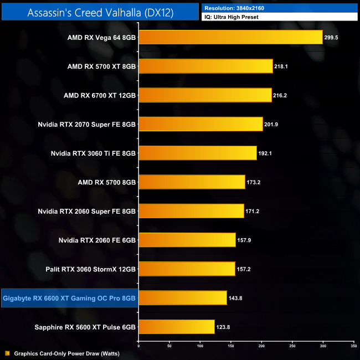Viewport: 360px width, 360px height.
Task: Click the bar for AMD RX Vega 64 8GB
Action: (230, 37)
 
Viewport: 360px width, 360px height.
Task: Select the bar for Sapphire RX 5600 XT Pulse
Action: (176, 327)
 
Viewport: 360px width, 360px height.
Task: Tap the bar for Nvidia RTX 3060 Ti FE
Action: (197, 153)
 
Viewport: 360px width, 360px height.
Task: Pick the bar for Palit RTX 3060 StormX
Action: (187, 269)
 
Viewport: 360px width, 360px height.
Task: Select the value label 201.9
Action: (271, 124)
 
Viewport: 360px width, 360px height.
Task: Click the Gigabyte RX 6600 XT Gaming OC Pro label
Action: (69, 299)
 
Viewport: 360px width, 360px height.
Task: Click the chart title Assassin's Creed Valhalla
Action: (100, 12)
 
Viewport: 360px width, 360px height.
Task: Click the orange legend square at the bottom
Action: (7, 353)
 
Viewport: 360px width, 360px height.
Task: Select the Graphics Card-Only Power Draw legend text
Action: (67, 353)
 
